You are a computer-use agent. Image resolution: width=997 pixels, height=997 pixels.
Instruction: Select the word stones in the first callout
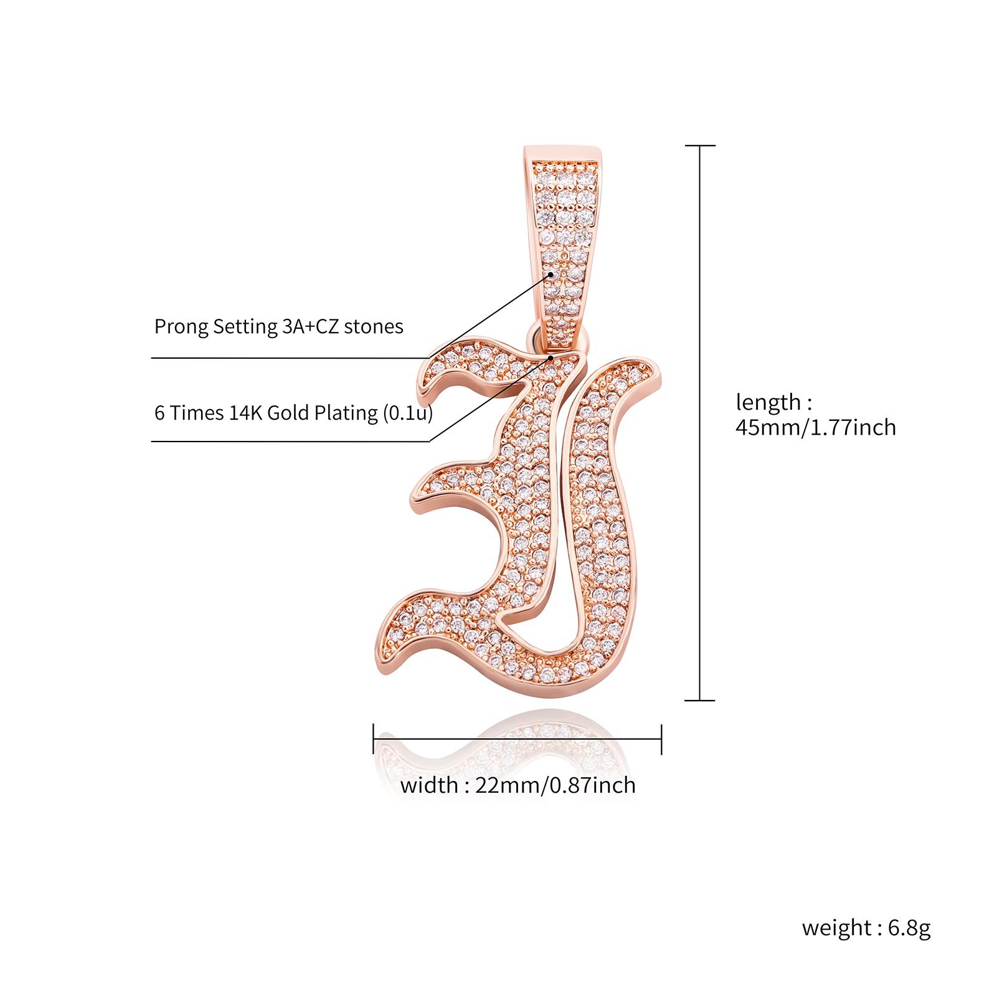(x=374, y=327)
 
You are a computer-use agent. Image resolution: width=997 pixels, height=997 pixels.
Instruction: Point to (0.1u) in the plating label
(x=407, y=413)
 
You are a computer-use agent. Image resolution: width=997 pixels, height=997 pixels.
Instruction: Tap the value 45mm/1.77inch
(x=816, y=428)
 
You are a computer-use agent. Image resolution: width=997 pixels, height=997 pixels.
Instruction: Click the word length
(x=768, y=403)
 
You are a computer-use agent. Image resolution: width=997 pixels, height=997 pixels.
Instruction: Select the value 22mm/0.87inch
(x=555, y=786)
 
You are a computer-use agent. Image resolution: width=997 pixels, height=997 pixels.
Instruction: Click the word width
(x=429, y=786)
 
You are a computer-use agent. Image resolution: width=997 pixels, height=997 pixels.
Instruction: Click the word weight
(x=837, y=928)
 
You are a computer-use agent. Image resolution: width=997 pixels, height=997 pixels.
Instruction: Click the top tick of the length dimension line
(x=701, y=146)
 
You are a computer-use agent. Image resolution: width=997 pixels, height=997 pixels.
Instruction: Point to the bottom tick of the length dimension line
(x=700, y=700)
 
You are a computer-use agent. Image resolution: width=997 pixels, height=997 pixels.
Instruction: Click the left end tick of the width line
(x=374, y=739)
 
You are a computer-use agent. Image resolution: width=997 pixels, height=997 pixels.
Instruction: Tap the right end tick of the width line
(x=661, y=739)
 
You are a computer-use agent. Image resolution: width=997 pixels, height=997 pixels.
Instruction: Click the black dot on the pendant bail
(x=551, y=274)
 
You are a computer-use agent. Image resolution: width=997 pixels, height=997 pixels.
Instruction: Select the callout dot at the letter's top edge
(x=551, y=358)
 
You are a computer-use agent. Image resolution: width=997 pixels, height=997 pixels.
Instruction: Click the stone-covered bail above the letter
(x=564, y=237)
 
